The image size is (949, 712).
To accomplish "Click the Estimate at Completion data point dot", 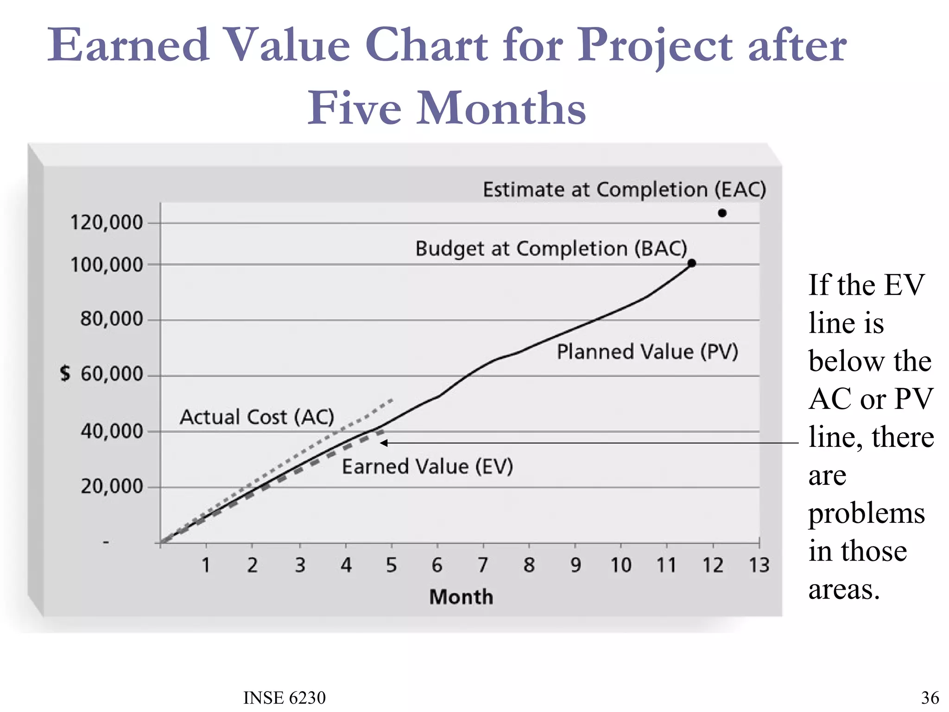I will coord(722,213).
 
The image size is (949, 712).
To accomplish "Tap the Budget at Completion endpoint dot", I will coord(691,263).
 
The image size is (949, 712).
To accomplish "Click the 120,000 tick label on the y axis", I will coord(107,222).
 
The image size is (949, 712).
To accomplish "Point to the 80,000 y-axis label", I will coord(112,319).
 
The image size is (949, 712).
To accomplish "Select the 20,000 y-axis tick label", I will coord(112,486).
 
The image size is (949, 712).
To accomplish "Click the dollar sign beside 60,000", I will coord(65,373).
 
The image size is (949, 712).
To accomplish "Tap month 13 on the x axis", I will coord(759,565).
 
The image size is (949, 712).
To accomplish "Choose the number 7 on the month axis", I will coord(483,565).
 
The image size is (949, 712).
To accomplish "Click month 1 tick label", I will coord(206,565).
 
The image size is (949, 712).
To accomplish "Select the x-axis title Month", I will coord(461,597).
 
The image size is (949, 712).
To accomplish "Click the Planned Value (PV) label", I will coord(647,351).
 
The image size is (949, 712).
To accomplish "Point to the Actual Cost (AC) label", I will coord(257,417).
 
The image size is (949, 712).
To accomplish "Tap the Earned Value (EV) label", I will coord(427,466).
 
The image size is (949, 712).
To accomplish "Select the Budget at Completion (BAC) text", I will coord(551,248).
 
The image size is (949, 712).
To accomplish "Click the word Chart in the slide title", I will coord(426,45).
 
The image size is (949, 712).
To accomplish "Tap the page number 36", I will coord(930,698).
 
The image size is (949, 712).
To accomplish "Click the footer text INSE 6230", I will coord(285,698).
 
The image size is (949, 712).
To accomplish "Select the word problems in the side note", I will coord(867,513).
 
